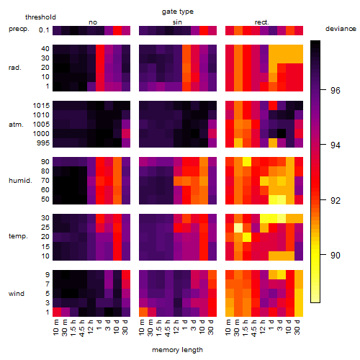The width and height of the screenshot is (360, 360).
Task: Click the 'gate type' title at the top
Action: tap(178, 12)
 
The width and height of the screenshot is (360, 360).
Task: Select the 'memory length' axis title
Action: tap(177, 350)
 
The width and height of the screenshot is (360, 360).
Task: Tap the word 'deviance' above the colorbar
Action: tap(341, 29)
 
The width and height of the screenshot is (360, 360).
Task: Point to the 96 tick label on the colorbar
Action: tap(335, 90)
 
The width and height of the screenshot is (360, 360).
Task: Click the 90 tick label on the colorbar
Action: tap(335, 255)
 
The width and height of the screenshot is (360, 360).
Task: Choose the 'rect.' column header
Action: tap(261, 22)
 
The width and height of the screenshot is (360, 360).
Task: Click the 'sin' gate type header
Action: tap(177, 22)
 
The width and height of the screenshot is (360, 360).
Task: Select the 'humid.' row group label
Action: tap(20, 181)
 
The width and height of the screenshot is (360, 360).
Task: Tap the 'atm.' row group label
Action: tap(16, 125)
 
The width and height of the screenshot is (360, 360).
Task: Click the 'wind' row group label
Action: tap(17, 294)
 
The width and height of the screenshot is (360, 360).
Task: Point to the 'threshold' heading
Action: tap(40, 17)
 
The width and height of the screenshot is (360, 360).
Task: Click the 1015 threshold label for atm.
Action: tap(41, 105)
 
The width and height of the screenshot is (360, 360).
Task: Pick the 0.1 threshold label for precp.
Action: tap(44, 30)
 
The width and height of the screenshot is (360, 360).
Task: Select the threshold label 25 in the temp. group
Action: tap(45, 227)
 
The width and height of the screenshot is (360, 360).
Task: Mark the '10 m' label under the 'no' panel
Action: tap(56, 327)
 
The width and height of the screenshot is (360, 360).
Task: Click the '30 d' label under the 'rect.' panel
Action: tap(297, 327)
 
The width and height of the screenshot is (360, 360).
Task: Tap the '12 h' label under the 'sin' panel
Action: tap(176, 327)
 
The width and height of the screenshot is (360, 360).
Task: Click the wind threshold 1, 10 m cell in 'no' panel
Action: tap(57, 312)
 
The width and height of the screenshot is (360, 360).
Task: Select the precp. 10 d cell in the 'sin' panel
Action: tap(204, 30)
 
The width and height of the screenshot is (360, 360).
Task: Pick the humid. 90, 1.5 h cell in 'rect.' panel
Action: tap(247, 161)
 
